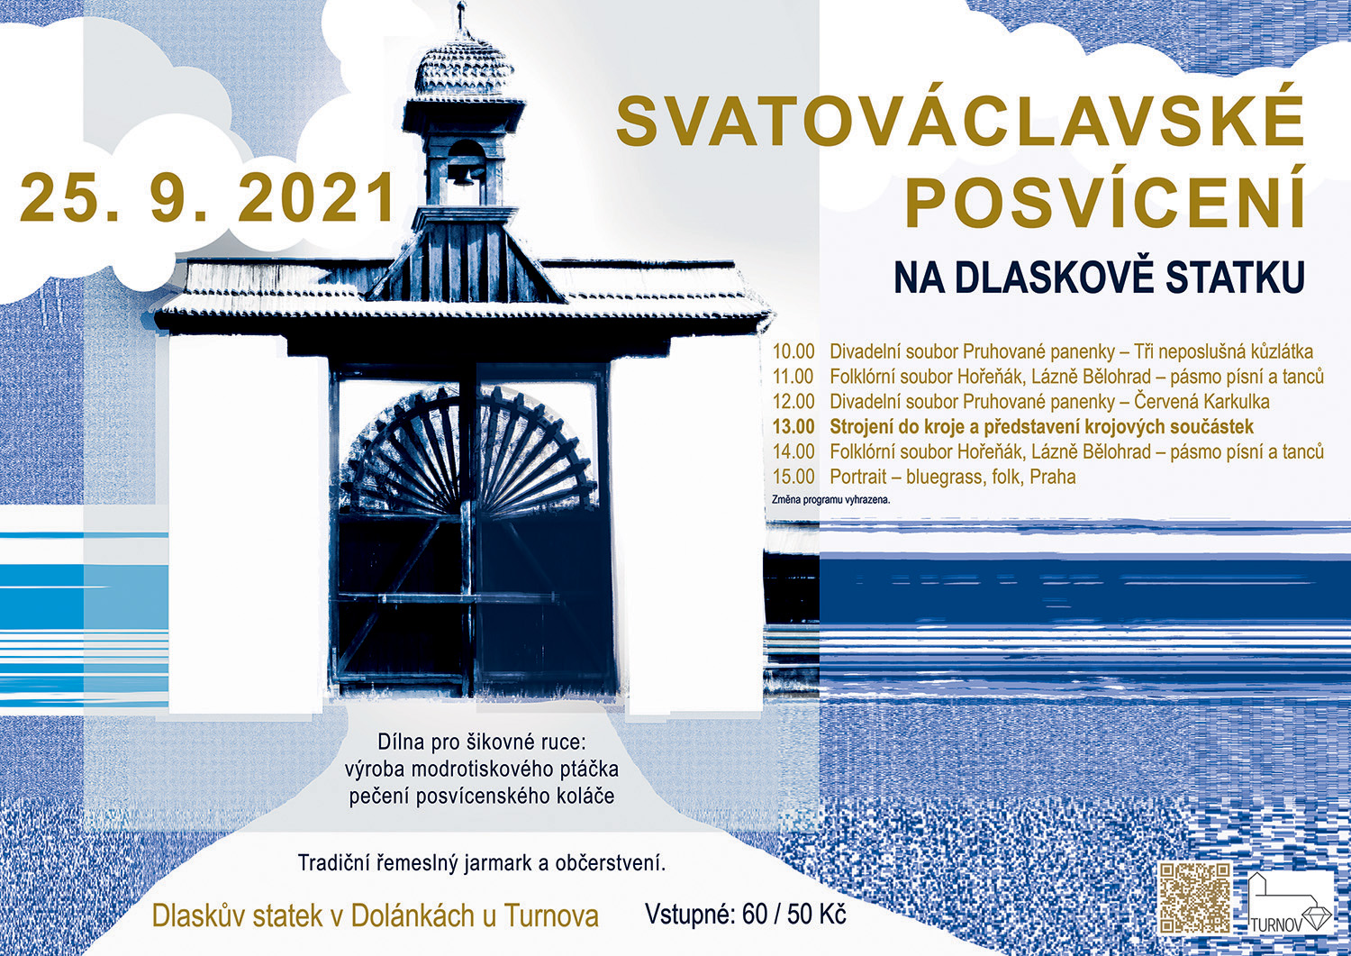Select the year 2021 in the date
[x=321, y=197]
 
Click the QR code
[x=1195, y=897]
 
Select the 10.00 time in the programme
[x=793, y=352]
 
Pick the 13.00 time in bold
[x=793, y=427]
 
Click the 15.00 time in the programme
[x=793, y=477]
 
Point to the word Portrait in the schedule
[x=856, y=477]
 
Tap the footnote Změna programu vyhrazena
[x=831, y=499]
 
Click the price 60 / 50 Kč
[x=794, y=915]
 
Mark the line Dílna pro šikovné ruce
[x=482, y=742]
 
